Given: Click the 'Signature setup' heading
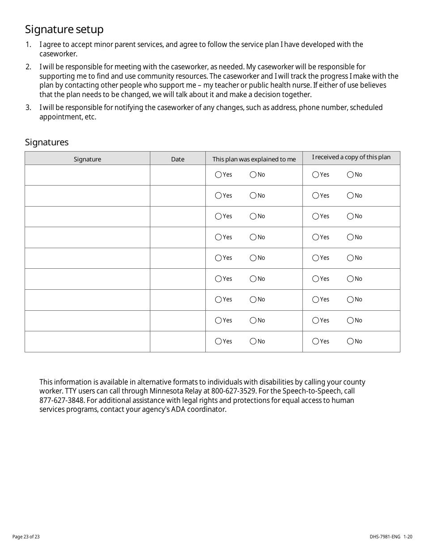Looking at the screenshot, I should (x=64, y=30).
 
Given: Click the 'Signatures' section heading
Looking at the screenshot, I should (x=47, y=142).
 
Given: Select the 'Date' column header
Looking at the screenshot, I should (x=178, y=159).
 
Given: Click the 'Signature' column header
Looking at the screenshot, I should (x=87, y=159).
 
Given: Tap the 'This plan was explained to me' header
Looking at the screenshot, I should (x=254, y=159).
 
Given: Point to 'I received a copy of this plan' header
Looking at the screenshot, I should (x=351, y=157).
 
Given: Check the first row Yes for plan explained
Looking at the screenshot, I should (x=218, y=175).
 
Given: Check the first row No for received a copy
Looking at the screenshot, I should (x=350, y=175).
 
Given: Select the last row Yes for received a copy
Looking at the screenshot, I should (x=316, y=342).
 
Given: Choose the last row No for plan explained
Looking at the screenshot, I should (x=253, y=342).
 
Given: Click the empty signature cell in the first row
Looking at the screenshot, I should (x=87, y=175).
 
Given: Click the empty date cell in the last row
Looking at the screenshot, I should (x=178, y=342).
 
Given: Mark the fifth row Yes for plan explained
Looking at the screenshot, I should (x=218, y=258).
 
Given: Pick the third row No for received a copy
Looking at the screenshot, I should (x=350, y=216).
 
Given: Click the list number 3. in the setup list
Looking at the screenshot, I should (x=28, y=108).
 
